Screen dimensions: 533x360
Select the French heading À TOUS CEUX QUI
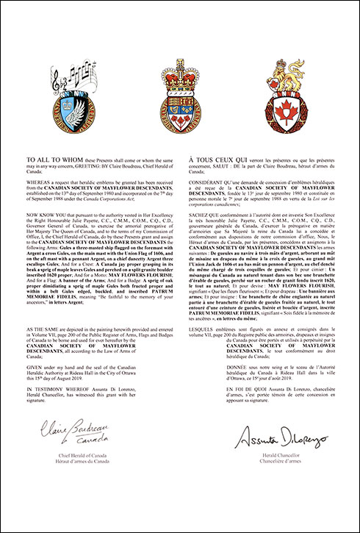(x=214, y=159)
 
